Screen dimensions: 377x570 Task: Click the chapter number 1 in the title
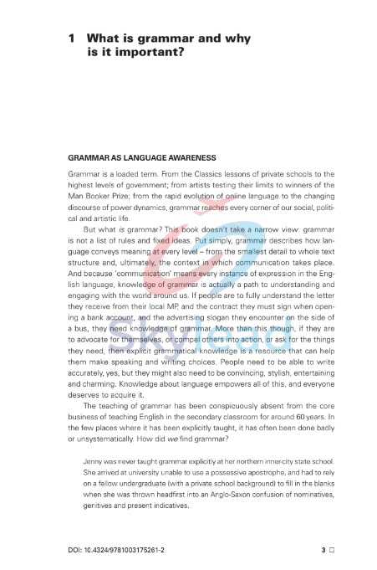point(73,39)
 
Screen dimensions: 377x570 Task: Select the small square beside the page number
point(332,551)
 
